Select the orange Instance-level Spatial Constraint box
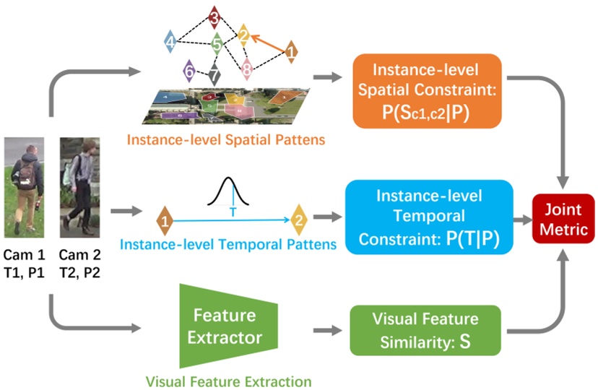(428, 90)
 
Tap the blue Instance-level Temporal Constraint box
(429, 216)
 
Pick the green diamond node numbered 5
(217, 45)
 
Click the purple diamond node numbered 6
(189, 71)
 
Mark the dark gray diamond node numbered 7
(214, 74)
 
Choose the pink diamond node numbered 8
(247, 70)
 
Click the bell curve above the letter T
(233, 191)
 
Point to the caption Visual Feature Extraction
(229, 380)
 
